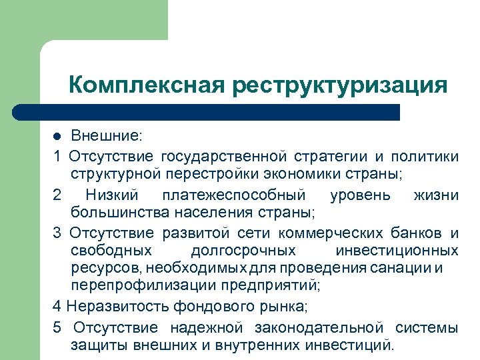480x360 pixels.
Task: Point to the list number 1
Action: [x=57, y=156]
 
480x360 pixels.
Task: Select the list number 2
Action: [x=57, y=195]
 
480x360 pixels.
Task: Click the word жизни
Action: [x=436, y=195]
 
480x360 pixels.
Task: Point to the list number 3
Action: [x=57, y=233]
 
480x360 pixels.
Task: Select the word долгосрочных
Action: [x=243, y=251]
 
